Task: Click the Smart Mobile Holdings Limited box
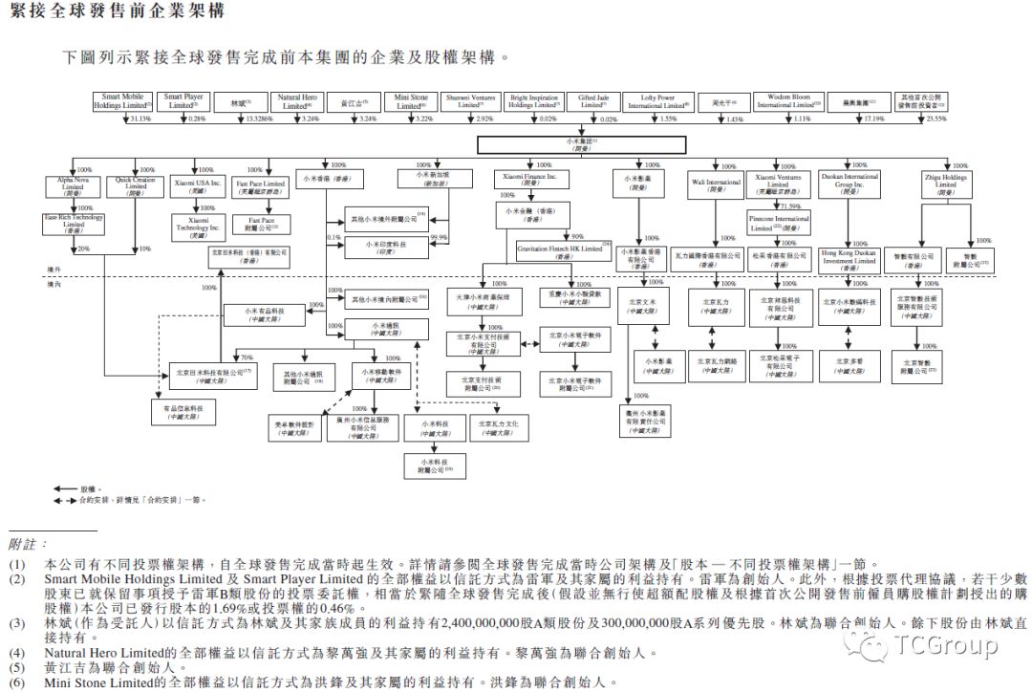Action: pos(123,101)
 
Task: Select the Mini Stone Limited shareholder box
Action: pos(410,101)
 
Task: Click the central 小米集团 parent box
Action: pos(582,144)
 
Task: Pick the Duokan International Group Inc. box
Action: pos(849,184)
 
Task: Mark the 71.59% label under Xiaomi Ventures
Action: pos(792,206)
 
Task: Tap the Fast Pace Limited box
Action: pos(260,187)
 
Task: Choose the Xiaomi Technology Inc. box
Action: pos(196,224)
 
